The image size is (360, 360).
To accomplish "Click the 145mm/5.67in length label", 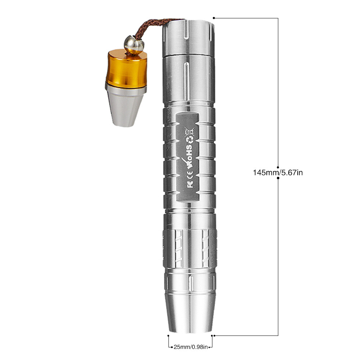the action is coord(278,172).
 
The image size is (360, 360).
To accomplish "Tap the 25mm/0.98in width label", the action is coord(190,347).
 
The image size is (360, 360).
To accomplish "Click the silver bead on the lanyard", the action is coord(134,45).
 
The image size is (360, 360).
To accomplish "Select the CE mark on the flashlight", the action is coord(190,174).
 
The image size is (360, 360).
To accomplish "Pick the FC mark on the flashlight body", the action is coord(190,183).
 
